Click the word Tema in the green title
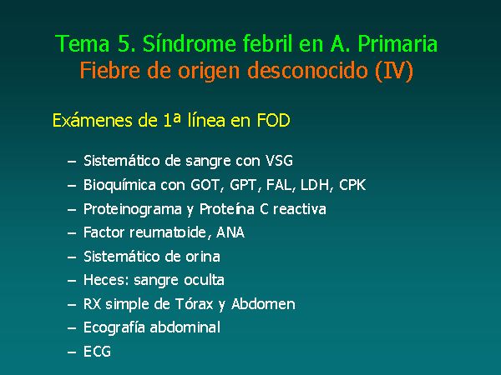pos(83,43)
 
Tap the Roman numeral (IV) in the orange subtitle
pos(394,71)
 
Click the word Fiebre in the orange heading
pos(109,70)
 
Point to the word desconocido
pos(307,70)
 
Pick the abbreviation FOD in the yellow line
pos(273,121)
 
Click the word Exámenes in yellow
pos(93,121)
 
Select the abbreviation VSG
pos(279,161)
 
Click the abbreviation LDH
pos(315,185)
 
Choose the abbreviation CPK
pos(352,185)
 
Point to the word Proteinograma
pos(133,210)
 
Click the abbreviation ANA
pos(230,232)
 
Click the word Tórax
pos(195,304)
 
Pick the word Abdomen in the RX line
pos(263,304)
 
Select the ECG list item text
pos(97,352)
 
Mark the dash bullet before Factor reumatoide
pos(72,233)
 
